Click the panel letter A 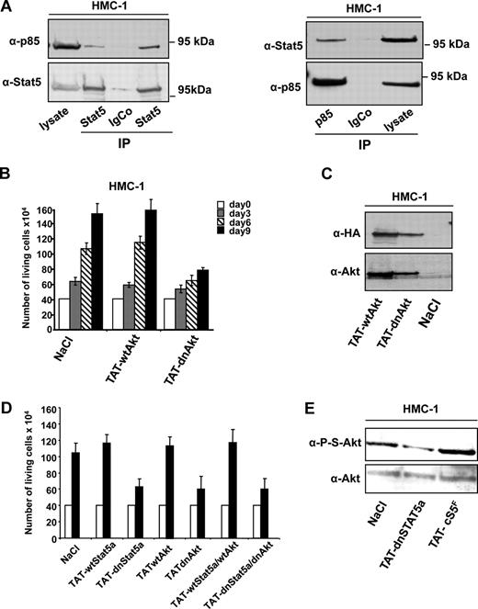tap(8, 8)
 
